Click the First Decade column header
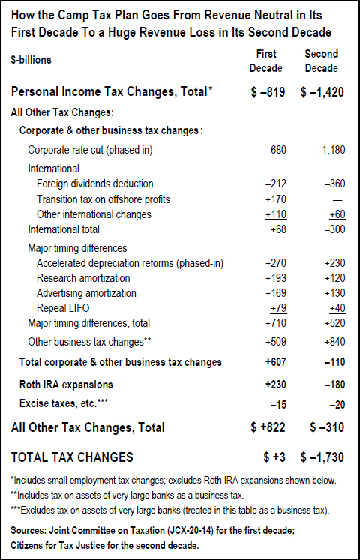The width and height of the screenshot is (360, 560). [266, 61]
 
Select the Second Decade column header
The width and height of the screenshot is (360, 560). [322, 61]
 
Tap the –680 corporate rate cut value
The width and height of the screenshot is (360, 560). [276, 151]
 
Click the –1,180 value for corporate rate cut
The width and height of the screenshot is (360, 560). [331, 151]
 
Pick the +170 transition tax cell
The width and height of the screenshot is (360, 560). [276, 199]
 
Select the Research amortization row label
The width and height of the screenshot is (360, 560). [83, 277]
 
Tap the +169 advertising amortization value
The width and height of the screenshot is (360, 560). [276, 293]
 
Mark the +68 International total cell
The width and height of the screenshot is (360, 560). [278, 229]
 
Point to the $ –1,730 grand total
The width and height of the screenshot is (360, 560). [322, 457]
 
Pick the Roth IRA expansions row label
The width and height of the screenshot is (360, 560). [66, 385]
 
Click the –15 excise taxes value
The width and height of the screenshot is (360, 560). [278, 405]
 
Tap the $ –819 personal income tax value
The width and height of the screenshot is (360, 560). [268, 92]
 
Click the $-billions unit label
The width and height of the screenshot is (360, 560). [31, 60]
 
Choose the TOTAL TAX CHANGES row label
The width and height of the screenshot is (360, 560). [72, 457]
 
